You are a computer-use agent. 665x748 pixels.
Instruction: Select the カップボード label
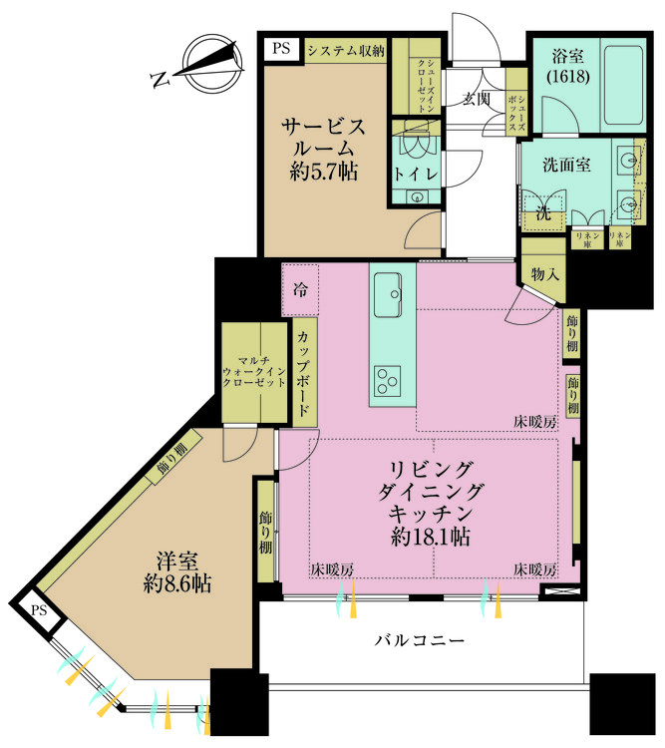pos(302,372)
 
